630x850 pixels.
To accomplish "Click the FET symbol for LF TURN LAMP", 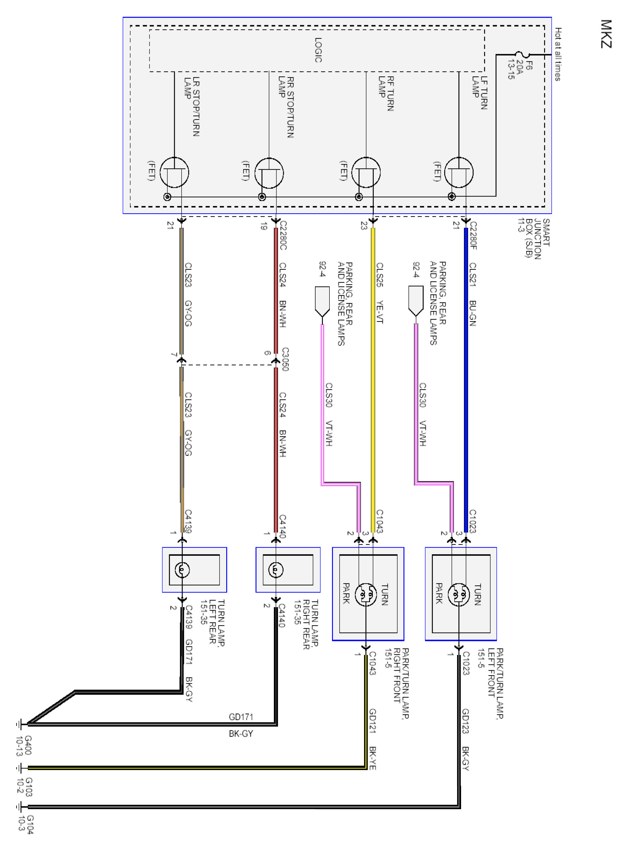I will point(459,172).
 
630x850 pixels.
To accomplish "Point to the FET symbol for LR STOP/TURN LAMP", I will point(174,172).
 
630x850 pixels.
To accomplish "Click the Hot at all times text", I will point(558,54).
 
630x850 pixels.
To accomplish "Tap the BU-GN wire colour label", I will point(473,313).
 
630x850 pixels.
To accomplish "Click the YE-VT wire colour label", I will point(380,312).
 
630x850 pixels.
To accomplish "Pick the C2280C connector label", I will point(283,235).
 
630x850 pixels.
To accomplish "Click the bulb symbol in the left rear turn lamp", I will point(182,570).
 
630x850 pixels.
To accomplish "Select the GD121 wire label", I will point(373,721).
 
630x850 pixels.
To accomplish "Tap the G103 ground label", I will point(25,787).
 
